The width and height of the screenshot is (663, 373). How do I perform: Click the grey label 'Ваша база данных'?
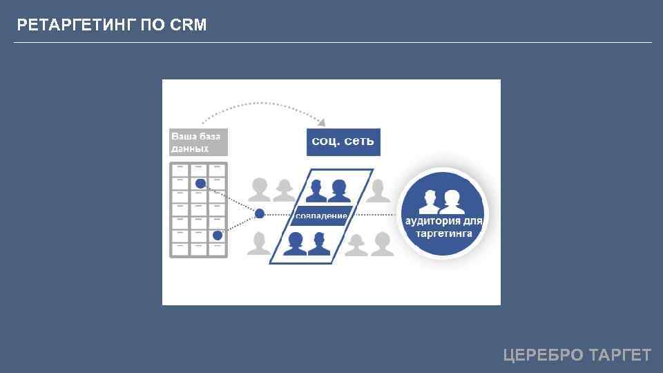(x=198, y=142)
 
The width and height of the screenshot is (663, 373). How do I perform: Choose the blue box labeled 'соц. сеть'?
(x=343, y=142)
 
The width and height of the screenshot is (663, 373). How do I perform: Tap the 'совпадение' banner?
(x=321, y=216)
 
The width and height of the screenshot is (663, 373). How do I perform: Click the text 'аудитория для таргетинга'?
(x=443, y=227)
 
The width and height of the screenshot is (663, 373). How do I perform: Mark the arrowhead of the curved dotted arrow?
(x=322, y=122)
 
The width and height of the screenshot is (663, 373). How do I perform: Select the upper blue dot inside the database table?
(x=200, y=184)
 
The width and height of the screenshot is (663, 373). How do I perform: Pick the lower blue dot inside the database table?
(x=218, y=236)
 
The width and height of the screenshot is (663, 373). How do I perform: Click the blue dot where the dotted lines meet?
(x=260, y=213)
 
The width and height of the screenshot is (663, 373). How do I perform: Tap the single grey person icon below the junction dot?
(x=259, y=243)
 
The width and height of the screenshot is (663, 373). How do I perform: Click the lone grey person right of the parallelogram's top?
(x=378, y=190)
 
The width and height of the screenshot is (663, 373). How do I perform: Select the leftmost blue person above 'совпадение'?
(x=318, y=190)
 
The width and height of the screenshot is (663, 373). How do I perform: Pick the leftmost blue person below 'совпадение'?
(x=296, y=243)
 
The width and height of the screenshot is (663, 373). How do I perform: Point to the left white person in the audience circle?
(x=428, y=202)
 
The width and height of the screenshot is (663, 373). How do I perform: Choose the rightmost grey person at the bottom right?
(x=382, y=243)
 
